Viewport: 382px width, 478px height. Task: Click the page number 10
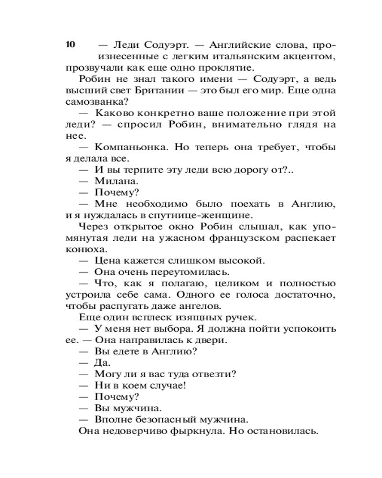point(70,45)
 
